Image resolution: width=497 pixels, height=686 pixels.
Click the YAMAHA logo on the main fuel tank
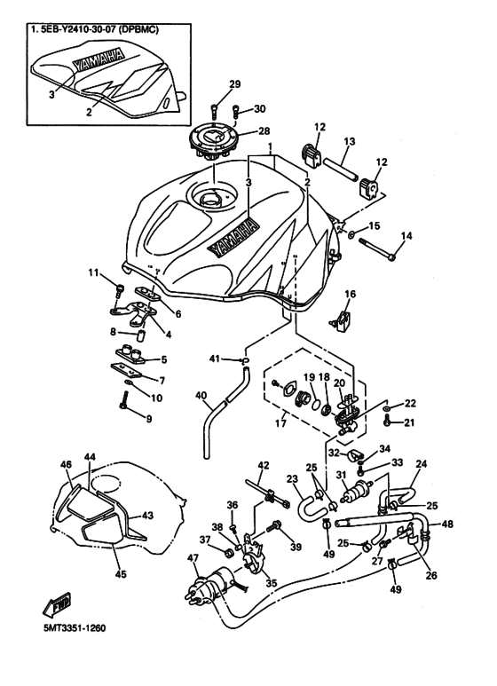(233, 237)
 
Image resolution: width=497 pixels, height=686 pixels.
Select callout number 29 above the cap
(235, 84)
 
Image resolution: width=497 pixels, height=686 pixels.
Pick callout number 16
(350, 294)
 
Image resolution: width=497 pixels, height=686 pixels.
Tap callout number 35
(271, 585)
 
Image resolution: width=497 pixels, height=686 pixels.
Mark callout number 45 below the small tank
(120, 574)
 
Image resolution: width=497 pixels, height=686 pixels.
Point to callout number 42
(263, 466)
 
